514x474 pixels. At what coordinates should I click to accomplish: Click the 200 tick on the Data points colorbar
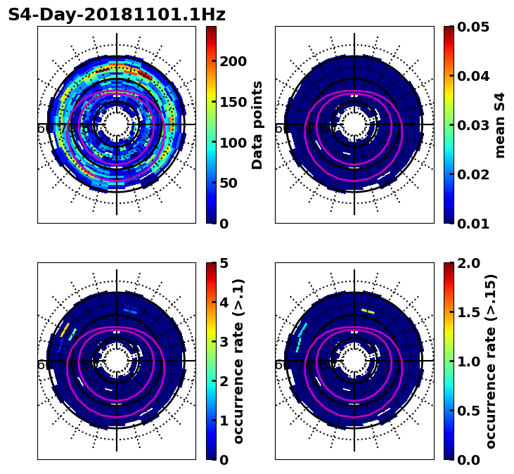coord(233,61)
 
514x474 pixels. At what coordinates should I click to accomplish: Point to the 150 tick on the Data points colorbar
coord(233,102)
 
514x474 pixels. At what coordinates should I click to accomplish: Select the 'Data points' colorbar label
coord(257,124)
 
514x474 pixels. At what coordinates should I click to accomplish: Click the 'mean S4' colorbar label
coord(500,124)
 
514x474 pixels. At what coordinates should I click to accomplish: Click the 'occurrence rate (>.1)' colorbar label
coord(238,361)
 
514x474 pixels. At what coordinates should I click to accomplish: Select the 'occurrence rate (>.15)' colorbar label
coord(491,361)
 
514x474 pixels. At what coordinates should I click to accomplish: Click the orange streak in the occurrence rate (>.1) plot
coord(65,328)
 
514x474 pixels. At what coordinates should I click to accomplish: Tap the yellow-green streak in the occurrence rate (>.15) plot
coord(368,310)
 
